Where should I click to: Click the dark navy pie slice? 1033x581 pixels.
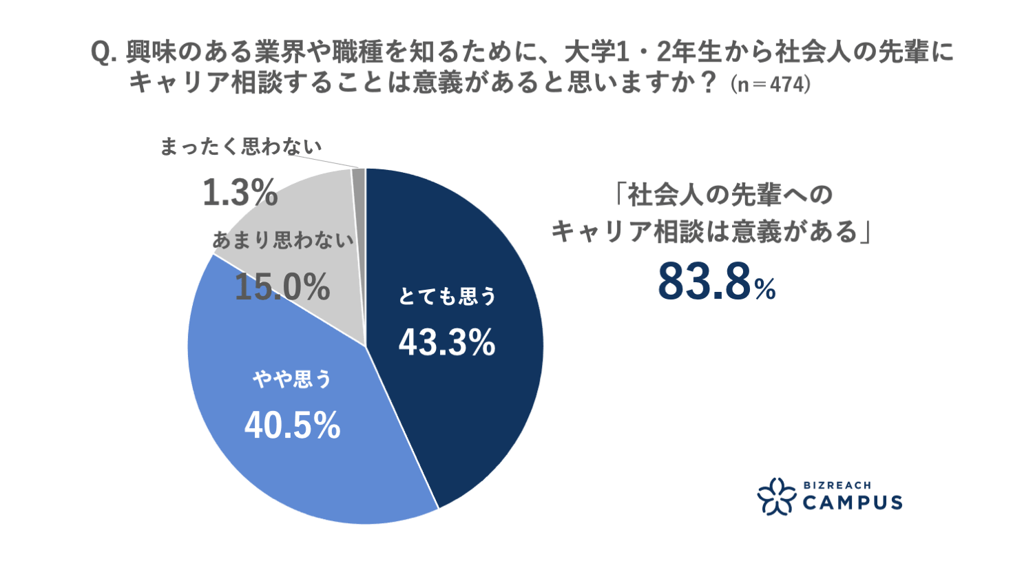click(x=468, y=413)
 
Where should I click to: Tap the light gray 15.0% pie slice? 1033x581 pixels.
click(x=310, y=207)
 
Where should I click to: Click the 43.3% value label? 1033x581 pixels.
click(x=447, y=341)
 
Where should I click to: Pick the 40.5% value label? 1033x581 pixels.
click(x=293, y=425)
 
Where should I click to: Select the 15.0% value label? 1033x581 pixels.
click(x=282, y=286)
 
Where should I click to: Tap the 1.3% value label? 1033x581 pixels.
click(x=240, y=192)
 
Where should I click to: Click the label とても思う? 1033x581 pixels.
click(x=448, y=297)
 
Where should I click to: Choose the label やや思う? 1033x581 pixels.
click(x=293, y=379)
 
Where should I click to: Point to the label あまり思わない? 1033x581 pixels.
click(x=283, y=240)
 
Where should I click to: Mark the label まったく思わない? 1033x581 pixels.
click(x=241, y=147)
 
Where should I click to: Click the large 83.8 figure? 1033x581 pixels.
click(x=704, y=282)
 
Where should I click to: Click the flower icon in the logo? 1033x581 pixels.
click(x=776, y=496)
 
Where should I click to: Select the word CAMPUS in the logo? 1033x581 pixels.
click(x=853, y=503)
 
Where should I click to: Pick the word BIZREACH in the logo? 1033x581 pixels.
click(x=837, y=485)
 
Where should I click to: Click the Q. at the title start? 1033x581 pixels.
click(x=105, y=53)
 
